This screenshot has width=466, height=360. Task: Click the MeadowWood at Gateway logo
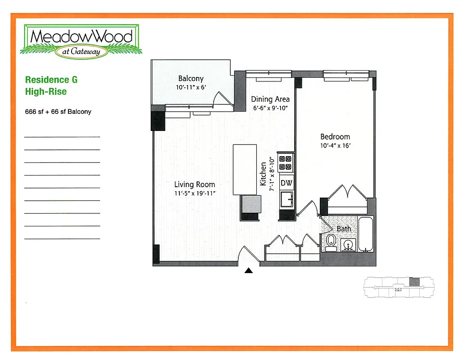81,41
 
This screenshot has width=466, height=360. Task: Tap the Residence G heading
51,80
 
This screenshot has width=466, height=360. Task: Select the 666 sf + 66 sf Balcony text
58,112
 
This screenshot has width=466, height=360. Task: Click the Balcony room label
191,78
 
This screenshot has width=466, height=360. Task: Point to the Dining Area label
270,99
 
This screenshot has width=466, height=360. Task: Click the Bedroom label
335,137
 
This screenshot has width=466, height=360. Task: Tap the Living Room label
195,184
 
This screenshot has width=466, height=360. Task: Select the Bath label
344,229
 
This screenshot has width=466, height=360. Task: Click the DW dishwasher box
287,183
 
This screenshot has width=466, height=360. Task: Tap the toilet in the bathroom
331,242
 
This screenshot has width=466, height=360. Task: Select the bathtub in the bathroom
365,235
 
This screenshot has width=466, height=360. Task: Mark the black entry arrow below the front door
249,270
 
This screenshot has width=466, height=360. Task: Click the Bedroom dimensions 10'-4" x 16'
335,146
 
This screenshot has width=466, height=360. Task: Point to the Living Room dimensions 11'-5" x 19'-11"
195,193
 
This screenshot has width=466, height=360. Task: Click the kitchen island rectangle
245,169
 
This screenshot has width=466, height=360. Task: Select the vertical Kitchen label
264,174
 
